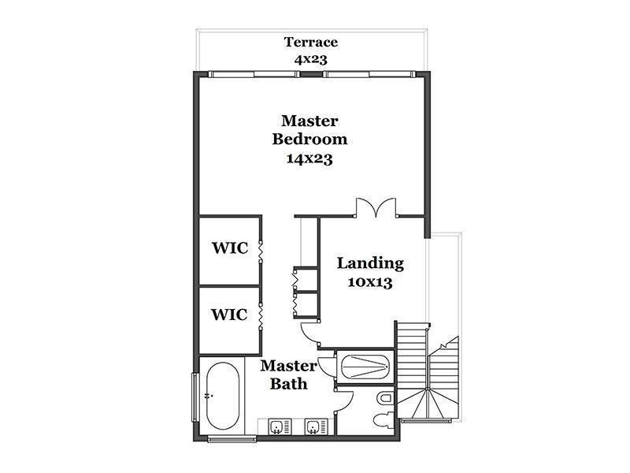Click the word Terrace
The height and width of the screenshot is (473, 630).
click(x=310, y=42)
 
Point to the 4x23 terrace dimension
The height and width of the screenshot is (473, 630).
click(x=310, y=60)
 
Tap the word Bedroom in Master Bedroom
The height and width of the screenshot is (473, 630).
click(x=309, y=140)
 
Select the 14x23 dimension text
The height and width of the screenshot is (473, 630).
click(x=309, y=158)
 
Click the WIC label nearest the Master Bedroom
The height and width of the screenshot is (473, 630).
click(x=230, y=248)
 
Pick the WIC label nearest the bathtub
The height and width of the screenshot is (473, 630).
click(x=229, y=314)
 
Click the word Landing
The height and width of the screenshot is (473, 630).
click(x=370, y=263)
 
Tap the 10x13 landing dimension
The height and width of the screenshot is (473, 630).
click(x=370, y=282)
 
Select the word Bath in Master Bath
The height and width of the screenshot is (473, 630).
click(x=288, y=384)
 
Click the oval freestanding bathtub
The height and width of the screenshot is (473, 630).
click(x=223, y=396)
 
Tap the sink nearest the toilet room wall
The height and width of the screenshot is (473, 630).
click(x=312, y=426)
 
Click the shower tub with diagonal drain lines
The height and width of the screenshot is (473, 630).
click(x=365, y=367)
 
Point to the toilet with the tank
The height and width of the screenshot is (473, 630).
click(x=383, y=421)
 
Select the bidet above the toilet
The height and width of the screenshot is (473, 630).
click(x=384, y=399)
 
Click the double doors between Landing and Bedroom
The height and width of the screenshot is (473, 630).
click(x=376, y=207)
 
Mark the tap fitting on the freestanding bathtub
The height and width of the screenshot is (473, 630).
click(x=208, y=396)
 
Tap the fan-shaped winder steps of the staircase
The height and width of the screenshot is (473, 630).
click(x=428, y=404)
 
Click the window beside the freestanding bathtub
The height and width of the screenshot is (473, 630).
click(x=195, y=397)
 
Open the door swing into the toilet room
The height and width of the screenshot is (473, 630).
click(x=344, y=400)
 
